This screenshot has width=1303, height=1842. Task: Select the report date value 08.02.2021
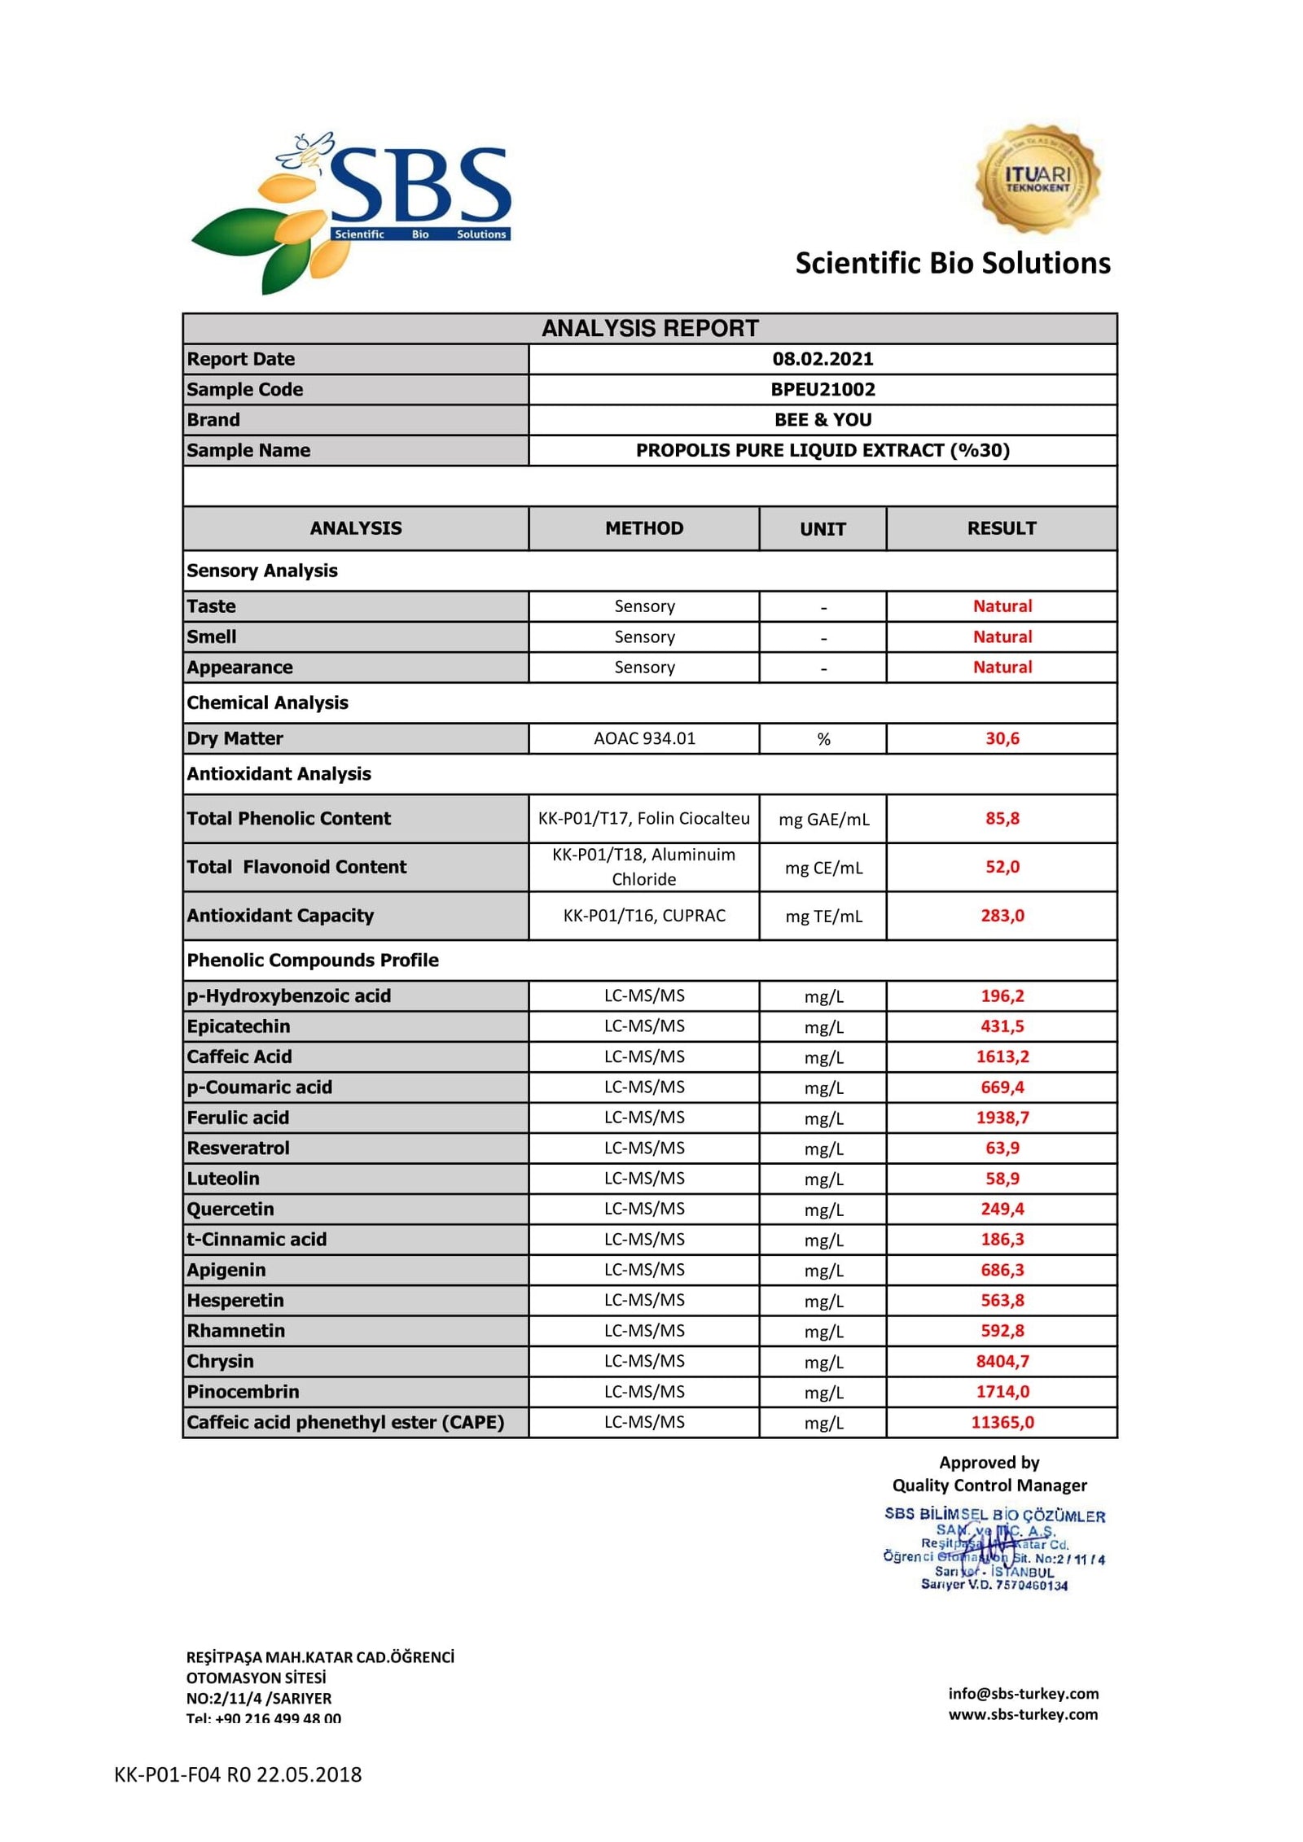pos(823,359)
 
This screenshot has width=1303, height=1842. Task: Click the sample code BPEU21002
pos(823,389)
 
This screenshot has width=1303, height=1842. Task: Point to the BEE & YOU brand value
pos(823,420)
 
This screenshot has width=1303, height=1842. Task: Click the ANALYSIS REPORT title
pos(650,328)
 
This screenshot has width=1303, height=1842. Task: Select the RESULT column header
pos(1001,528)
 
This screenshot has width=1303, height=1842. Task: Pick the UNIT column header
pos(823,529)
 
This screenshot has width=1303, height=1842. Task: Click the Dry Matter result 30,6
pos(1002,738)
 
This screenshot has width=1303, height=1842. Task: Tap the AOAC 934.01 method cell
pos(644,738)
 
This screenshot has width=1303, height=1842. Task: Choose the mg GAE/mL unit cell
pos(823,819)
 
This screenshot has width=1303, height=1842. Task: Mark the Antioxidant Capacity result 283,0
pos(1002,916)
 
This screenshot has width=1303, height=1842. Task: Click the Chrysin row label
pos(220,1361)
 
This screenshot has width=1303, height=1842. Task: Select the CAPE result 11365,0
pos(1002,1422)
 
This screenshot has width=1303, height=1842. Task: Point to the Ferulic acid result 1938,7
pos(1002,1118)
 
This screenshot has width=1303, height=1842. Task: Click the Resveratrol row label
pos(238,1148)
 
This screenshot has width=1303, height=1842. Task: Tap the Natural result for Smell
pos(1002,637)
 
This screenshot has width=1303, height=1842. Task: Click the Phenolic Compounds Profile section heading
pos(313,960)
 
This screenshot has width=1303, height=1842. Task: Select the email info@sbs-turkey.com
pos(1023,1693)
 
